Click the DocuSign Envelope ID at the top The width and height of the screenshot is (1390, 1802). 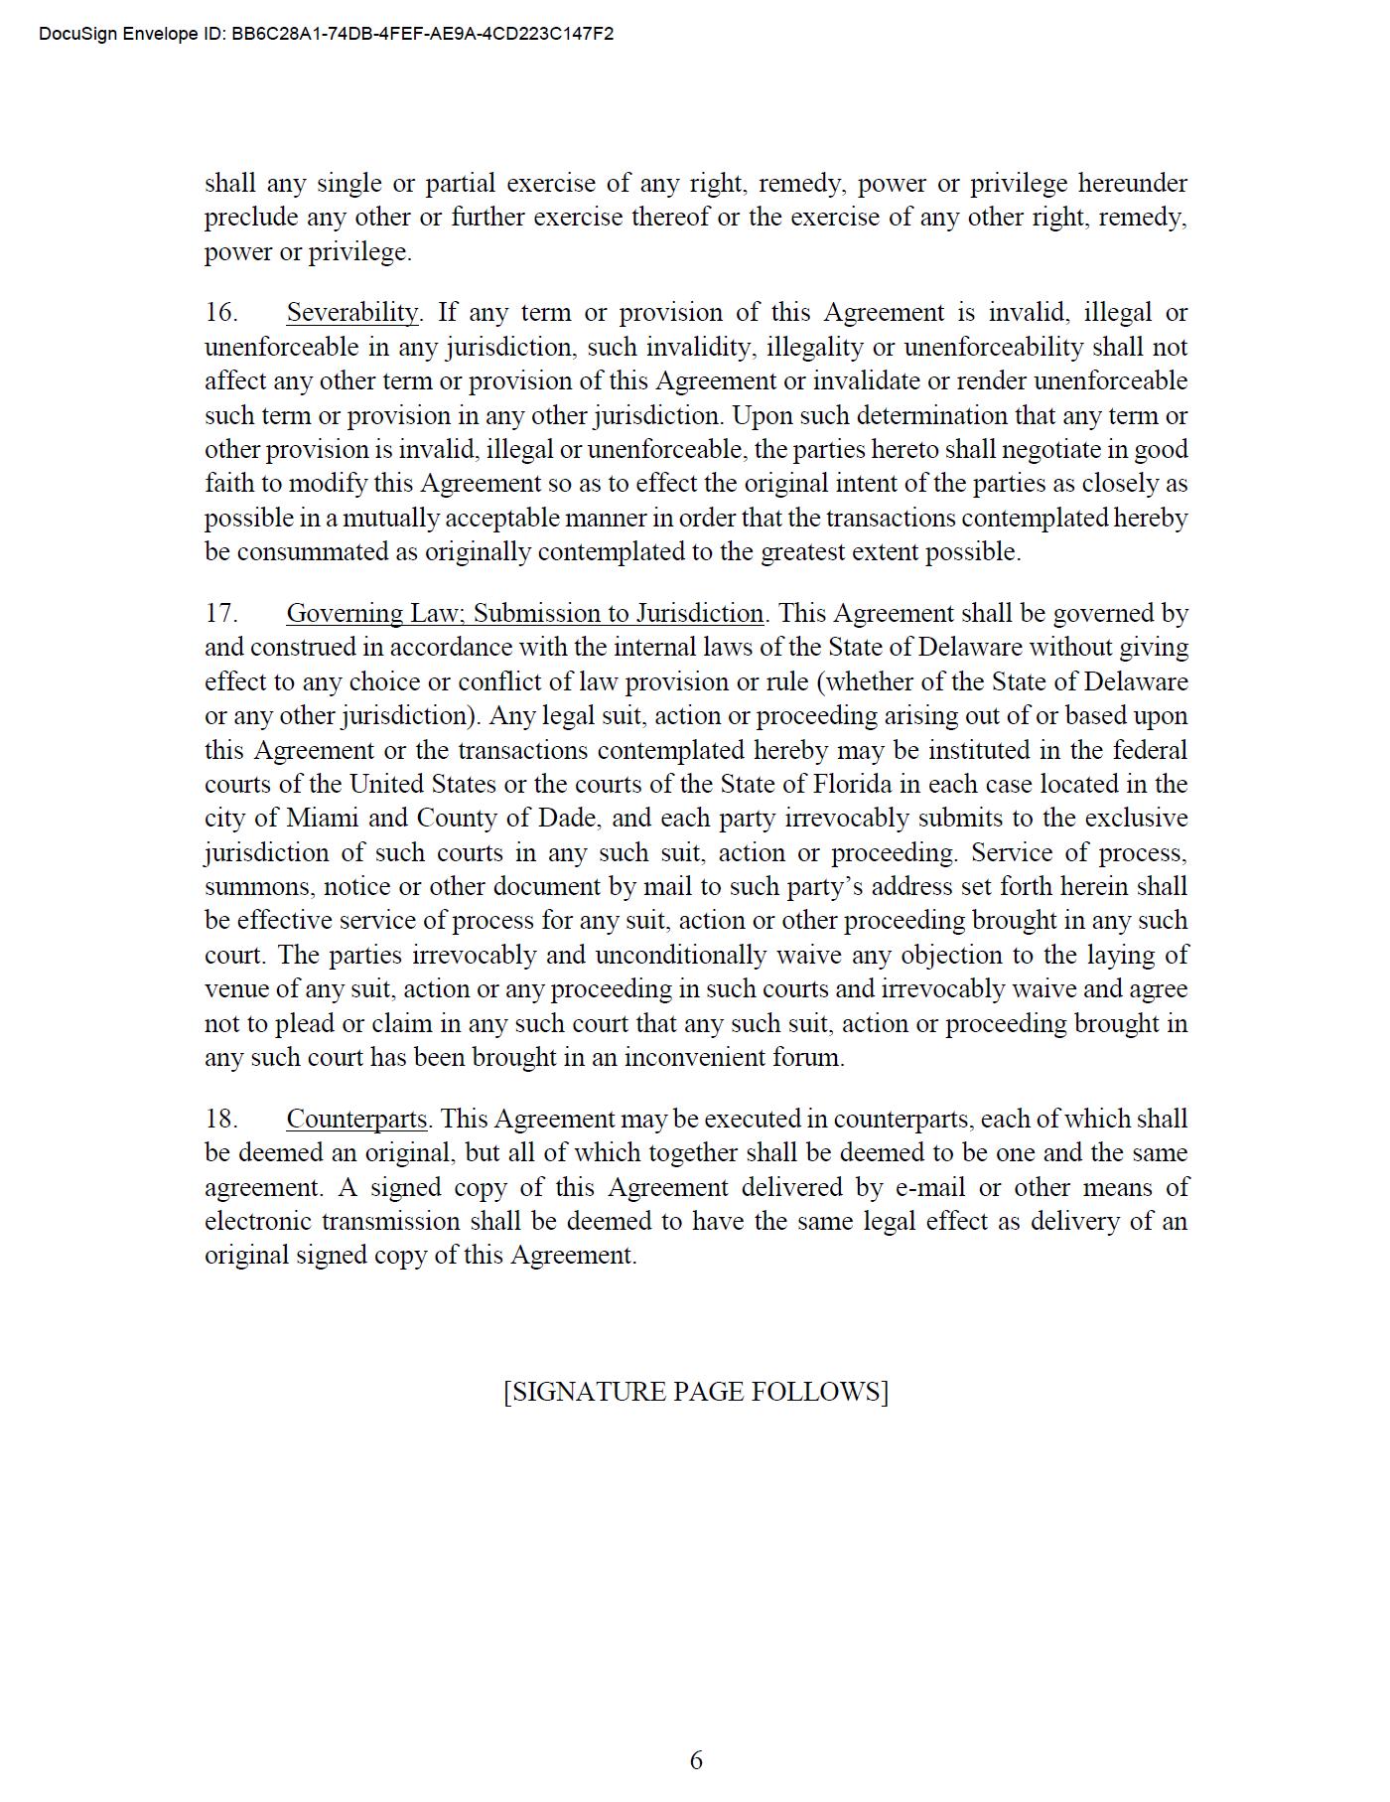[x=326, y=34]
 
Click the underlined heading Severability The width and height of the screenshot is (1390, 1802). [x=352, y=313]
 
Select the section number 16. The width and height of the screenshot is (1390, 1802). [x=221, y=313]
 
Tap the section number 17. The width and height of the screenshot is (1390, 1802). [x=221, y=614]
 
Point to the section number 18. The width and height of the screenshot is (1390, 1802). [x=221, y=1120]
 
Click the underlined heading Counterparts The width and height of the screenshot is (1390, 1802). [x=356, y=1120]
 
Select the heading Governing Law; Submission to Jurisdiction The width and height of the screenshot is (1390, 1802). [x=524, y=614]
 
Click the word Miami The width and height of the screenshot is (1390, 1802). [x=324, y=819]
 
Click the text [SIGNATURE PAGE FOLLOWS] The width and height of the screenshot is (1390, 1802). [x=695, y=1392]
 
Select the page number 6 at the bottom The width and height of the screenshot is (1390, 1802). [x=696, y=1761]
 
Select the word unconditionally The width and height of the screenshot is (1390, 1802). [x=680, y=956]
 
